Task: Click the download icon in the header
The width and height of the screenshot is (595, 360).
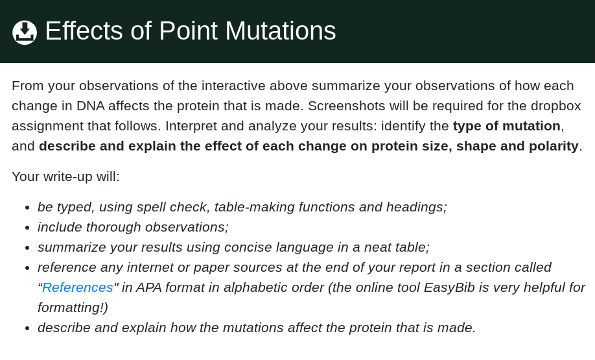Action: click(x=25, y=32)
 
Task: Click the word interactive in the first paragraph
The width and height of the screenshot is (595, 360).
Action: click(x=233, y=86)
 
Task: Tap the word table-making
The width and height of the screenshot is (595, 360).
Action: click(x=253, y=207)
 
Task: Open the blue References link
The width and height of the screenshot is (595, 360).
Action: click(x=77, y=287)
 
